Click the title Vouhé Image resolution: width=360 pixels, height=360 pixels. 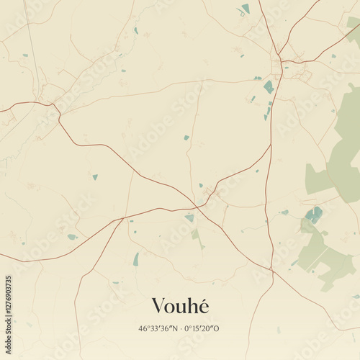click(x=180, y=306)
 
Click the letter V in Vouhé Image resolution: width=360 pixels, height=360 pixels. click(x=158, y=307)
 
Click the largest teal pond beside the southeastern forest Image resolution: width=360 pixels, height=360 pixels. click(x=313, y=214)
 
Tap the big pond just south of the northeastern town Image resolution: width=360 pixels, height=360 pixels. click(x=269, y=87)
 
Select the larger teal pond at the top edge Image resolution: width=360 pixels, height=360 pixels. click(x=246, y=9)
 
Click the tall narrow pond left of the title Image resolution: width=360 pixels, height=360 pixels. click(x=135, y=259)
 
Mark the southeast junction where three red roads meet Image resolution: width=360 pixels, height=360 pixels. click(x=271, y=270)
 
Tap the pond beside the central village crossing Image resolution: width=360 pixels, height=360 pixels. click(x=189, y=217)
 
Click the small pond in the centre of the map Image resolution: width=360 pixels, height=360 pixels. click(x=186, y=138)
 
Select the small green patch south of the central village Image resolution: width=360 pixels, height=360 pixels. click(x=195, y=235)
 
